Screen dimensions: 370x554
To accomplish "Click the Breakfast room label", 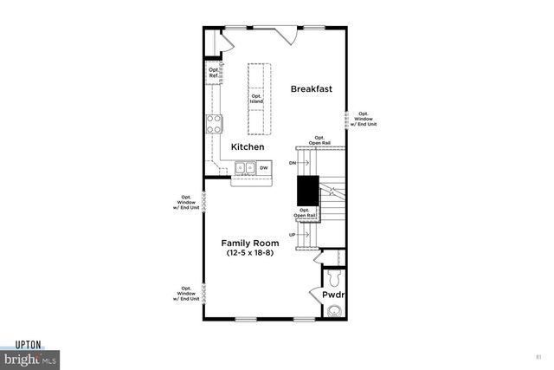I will click(312, 89).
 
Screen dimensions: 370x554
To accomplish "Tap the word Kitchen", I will click(248, 148).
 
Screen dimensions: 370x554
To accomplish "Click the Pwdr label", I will click(333, 295).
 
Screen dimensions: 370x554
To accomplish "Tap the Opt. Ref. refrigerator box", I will click(212, 74).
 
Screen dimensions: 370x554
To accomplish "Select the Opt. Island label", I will click(256, 99).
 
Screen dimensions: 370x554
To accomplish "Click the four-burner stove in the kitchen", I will click(213, 123).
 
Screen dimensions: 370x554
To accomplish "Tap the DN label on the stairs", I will click(293, 163).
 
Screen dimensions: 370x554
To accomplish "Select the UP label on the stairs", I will click(293, 234).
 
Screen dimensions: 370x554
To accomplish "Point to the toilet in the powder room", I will click(334, 278).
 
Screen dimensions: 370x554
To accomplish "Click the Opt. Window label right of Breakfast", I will click(364, 119).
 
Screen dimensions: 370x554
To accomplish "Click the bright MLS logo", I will click(29, 358).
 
